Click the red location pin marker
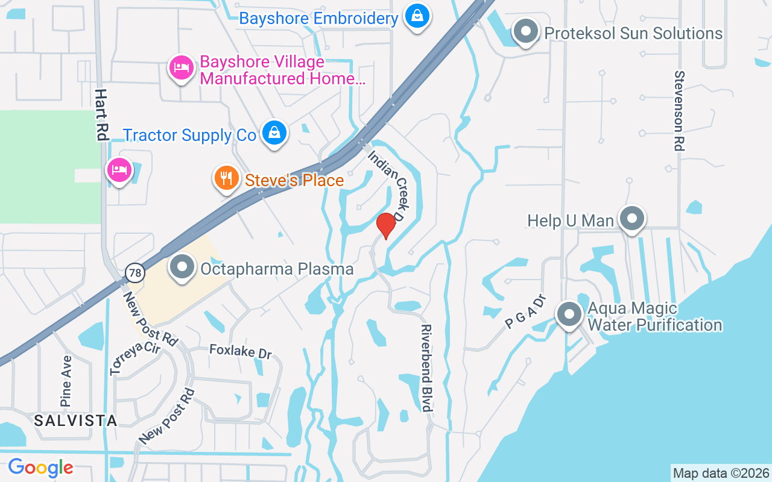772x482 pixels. tap(385, 225)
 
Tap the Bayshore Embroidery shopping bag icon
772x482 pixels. tap(417, 16)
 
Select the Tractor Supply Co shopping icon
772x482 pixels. tap(274, 133)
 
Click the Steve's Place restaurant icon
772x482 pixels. tap(226, 178)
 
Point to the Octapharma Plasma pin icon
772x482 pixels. tap(182, 267)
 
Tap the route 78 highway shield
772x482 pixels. tap(135, 274)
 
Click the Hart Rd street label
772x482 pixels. tap(101, 115)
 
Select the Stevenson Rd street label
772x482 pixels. tap(680, 111)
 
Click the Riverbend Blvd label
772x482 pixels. tap(427, 368)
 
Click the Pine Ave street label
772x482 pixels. tap(66, 380)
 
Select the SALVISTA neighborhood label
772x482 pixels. tap(75, 421)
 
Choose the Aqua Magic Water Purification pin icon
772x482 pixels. tap(569, 314)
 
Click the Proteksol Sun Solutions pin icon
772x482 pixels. tap(525, 31)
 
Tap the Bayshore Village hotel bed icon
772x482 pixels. tap(181, 68)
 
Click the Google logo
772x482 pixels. tap(40, 467)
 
